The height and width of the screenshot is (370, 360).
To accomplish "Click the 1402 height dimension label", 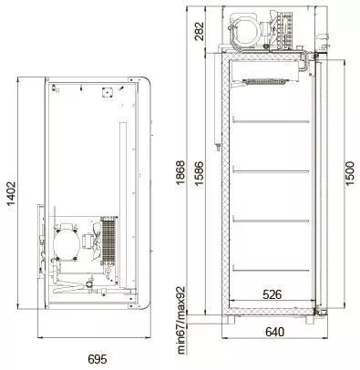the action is [x=11, y=194].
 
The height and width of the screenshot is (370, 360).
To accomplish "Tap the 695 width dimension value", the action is [x=98, y=359].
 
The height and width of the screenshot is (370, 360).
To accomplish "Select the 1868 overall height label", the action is [x=180, y=172].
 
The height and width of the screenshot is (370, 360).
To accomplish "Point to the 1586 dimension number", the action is [x=199, y=175].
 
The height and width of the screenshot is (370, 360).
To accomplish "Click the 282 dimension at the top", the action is [x=200, y=31].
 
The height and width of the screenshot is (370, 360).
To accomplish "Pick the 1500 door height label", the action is [x=350, y=173].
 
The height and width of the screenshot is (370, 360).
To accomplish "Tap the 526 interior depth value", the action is [x=272, y=294].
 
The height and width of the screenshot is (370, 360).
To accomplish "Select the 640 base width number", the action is [x=275, y=332].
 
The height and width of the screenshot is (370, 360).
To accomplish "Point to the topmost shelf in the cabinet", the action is [x=271, y=122].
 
